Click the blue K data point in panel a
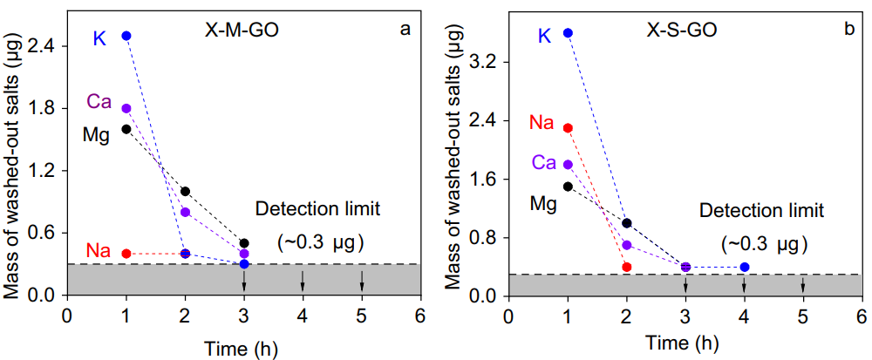(x=126, y=36)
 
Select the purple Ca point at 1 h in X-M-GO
(x=126, y=109)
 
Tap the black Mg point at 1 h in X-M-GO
(x=126, y=129)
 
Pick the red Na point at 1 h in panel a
(x=126, y=254)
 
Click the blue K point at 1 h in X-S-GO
(x=568, y=33)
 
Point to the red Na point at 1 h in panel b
(x=568, y=128)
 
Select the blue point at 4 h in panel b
(x=744, y=267)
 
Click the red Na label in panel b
(x=542, y=123)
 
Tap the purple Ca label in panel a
(x=99, y=102)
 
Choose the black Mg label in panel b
(x=544, y=204)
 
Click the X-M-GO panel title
(x=235, y=30)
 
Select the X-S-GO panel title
(x=682, y=30)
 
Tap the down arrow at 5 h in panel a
(x=362, y=281)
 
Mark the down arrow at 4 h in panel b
(x=744, y=284)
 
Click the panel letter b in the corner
(x=848, y=29)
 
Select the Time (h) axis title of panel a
(x=243, y=348)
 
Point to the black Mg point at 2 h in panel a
(x=185, y=191)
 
